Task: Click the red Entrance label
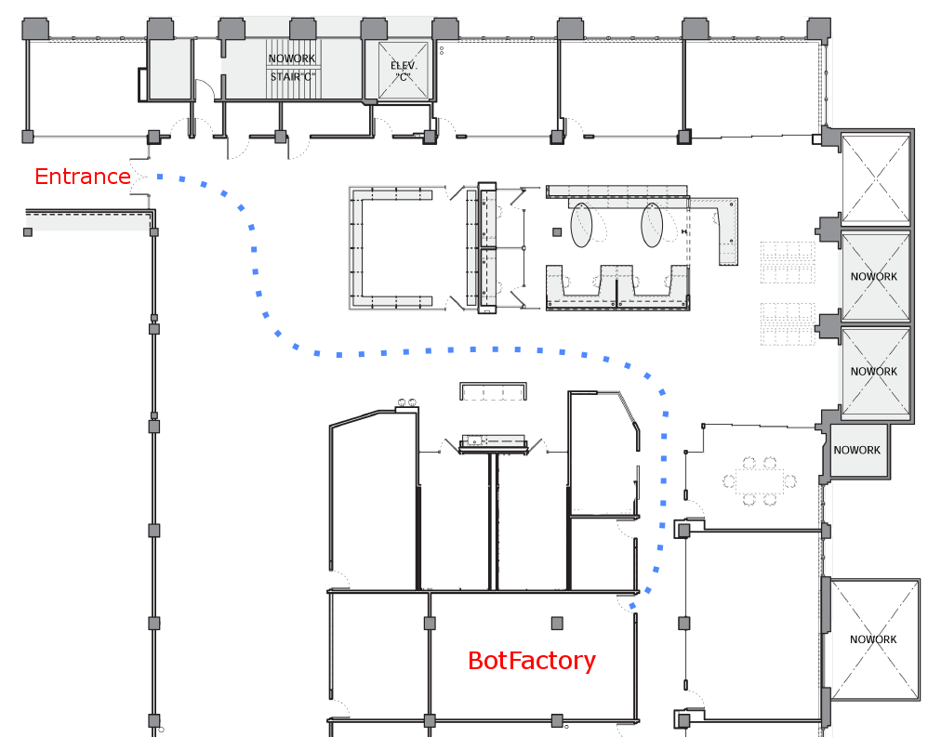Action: click(82, 176)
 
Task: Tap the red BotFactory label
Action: click(531, 661)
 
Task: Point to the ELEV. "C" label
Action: click(404, 72)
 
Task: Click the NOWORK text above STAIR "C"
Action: click(292, 59)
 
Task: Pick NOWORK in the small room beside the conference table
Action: click(856, 450)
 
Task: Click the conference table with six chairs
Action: click(759, 480)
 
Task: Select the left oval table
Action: click(582, 225)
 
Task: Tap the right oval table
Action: click(653, 225)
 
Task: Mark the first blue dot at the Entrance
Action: click(160, 176)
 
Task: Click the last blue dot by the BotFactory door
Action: click(634, 606)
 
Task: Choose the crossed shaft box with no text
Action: click(875, 178)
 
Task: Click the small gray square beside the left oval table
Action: click(558, 231)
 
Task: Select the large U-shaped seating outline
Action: click(391, 248)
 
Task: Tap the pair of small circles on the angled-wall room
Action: click(405, 402)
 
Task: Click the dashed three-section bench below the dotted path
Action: click(494, 390)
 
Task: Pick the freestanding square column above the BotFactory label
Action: click(557, 623)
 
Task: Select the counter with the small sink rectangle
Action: click(494, 441)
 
